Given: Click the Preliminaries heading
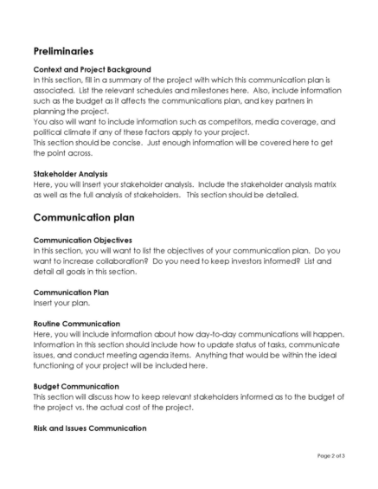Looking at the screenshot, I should click(x=63, y=51).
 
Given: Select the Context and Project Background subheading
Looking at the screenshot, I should click(x=92, y=69).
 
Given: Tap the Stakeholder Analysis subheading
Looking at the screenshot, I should click(x=70, y=174).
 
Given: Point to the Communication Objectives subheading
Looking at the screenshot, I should click(x=82, y=240).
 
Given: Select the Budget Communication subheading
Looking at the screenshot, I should click(x=76, y=386).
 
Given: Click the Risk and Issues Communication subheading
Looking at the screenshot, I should click(x=90, y=428).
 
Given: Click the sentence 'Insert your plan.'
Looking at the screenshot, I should click(x=63, y=303).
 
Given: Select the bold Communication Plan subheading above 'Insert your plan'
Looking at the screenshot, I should click(x=70, y=293).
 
